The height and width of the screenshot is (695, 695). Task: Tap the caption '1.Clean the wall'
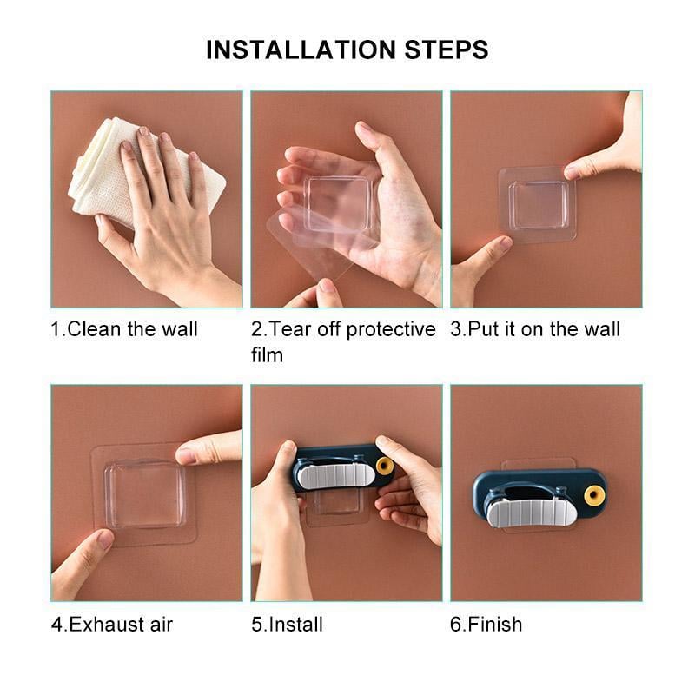click(124, 329)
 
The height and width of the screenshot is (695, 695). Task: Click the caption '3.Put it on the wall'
click(535, 329)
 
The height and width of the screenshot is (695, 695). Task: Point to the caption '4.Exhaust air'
click(112, 624)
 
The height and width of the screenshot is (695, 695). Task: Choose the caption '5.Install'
click(287, 624)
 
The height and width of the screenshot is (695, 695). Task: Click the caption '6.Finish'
click(486, 624)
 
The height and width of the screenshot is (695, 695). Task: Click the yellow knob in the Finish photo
click(594, 496)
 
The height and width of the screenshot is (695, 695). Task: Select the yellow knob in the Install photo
click(384, 466)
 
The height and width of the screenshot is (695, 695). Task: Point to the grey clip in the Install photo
click(335, 473)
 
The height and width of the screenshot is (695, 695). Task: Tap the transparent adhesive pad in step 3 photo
click(537, 204)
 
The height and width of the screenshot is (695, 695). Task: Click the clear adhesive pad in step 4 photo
click(145, 495)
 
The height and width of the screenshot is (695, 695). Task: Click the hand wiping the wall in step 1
click(165, 217)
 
